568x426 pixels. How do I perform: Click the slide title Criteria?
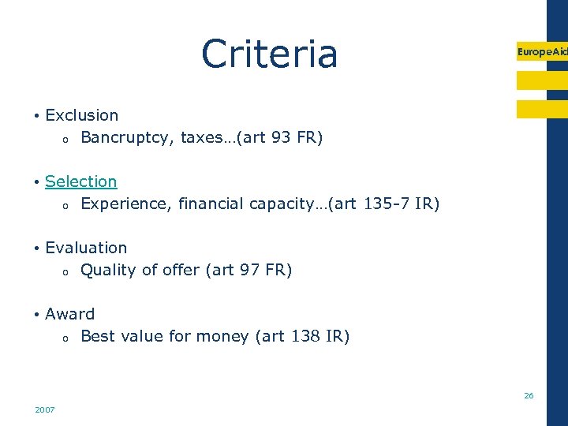[269, 54]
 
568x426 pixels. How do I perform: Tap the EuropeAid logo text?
[542, 51]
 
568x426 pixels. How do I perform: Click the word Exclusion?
[82, 115]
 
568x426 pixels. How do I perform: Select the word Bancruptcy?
[126, 138]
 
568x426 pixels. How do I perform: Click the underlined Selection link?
[80, 181]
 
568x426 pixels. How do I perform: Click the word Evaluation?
[86, 248]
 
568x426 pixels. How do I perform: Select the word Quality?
[108, 271]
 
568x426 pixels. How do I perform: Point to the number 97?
[249, 271]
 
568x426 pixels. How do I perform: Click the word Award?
[70, 314]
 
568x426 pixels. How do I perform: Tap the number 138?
[305, 337]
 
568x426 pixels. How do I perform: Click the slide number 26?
[529, 395]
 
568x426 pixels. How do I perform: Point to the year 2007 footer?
[45, 409]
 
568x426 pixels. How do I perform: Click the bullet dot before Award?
[37, 315]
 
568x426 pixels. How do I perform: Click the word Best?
[98, 337]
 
